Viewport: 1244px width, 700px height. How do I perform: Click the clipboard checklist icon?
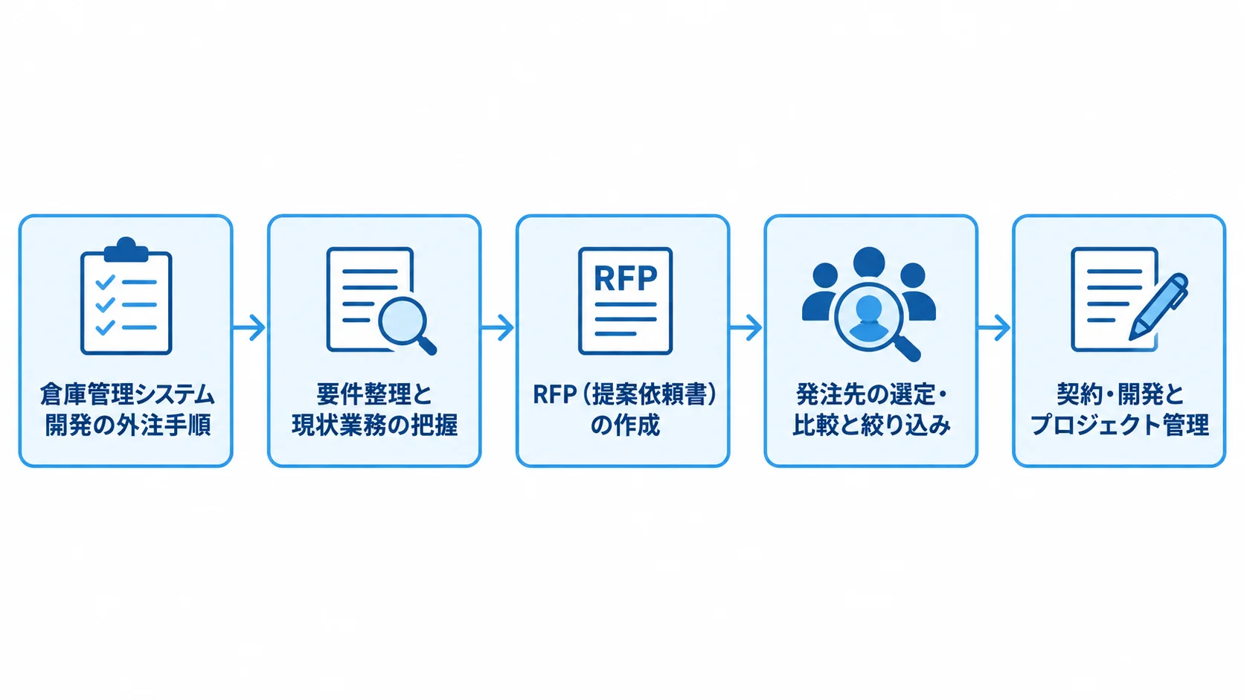pyautogui.click(x=126, y=296)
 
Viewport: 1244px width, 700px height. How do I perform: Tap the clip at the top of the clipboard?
pyautogui.click(x=126, y=250)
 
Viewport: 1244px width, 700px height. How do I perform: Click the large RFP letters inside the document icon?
pyautogui.click(x=625, y=277)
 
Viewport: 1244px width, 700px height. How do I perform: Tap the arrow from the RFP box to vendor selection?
pyautogui.click(x=746, y=327)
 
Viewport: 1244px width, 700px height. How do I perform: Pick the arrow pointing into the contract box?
pyautogui.click(x=993, y=327)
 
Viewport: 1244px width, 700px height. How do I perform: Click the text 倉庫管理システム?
pyautogui.click(x=126, y=395)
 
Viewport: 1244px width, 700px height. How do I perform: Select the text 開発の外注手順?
pyautogui.click(x=127, y=426)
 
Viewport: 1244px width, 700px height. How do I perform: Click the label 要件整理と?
pyautogui.click(x=374, y=395)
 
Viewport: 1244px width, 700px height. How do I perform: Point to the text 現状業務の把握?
pyautogui.click(x=374, y=426)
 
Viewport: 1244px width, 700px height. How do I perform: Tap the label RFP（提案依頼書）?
pyautogui.click(x=625, y=395)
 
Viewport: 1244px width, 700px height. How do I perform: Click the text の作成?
pyautogui.click(x=625, y=426)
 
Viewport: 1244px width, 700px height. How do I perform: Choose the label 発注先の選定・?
pyautogui.click(x=871, y=395)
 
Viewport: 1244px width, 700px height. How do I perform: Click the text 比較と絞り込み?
pyautogui.click(x=871, y=426)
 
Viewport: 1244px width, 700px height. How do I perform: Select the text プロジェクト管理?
pyautogui.click(x=1120, y=426)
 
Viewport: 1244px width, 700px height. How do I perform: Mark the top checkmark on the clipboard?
pyautogui.click(x=105, y=281)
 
